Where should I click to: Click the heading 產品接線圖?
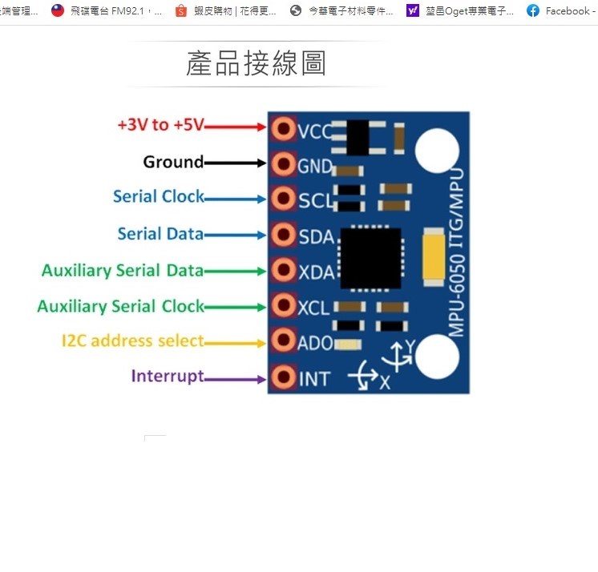[x=256, y=64]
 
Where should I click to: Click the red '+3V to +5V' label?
[x=161, y=125]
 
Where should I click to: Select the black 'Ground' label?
[x=173, y=162]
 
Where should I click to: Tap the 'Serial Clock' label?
[x=158, y=196]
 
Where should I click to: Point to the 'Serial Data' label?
[x=160, y=234]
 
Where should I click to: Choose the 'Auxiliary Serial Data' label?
[x=123, y=270]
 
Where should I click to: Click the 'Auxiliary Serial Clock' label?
[x=120, y=306]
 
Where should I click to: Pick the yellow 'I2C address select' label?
[x=133, y=340]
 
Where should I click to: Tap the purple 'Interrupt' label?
[x=168, y=376]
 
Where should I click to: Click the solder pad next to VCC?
[x=283, y=128]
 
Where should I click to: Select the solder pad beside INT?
[x=283, y=377]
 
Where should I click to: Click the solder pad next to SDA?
[x=283, y=235]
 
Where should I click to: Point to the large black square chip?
[x=370, y=258]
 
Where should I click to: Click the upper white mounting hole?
[x=437, y=151]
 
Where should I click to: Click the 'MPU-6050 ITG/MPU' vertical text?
[x=456, y=253]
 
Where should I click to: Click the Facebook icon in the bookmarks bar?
[x=533, y=11]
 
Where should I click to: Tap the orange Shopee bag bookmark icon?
[x=180, y=11]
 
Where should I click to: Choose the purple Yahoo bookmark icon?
[x=413, y=11]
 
